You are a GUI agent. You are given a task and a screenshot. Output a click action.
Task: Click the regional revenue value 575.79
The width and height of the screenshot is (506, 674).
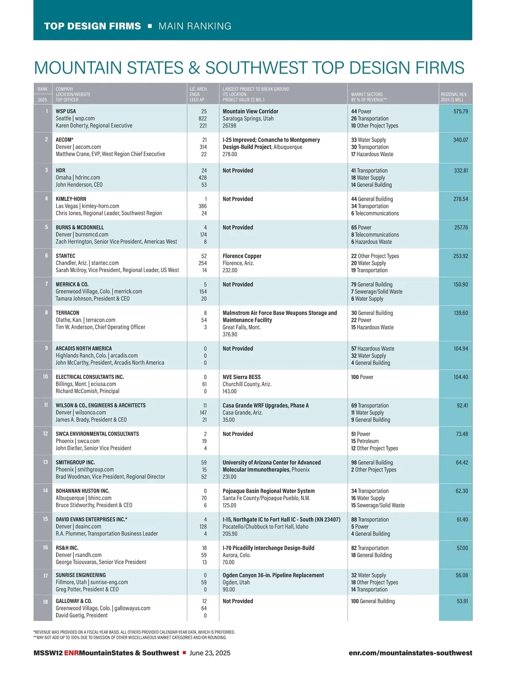coord(460,112)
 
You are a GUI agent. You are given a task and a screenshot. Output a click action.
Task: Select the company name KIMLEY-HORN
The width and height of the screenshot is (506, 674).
coord(71,199)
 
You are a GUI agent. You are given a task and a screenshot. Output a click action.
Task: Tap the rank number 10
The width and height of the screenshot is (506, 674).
coord(45,377)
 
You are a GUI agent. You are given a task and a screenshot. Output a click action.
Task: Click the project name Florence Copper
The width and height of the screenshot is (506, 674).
coord(242,256)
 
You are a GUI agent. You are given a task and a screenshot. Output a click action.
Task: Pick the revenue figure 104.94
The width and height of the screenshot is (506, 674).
coord(460,349)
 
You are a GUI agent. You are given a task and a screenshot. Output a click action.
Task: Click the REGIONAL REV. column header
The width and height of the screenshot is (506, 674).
coord(454,97)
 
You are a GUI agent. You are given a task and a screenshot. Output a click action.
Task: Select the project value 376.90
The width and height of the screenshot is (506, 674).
coord(230,334)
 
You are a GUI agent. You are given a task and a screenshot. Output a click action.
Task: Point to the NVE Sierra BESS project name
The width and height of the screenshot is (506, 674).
coord(242,377)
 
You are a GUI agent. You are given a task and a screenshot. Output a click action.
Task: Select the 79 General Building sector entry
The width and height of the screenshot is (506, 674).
coord(371,284)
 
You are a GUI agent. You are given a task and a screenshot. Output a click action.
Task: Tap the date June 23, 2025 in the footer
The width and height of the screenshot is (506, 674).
coord(210,653)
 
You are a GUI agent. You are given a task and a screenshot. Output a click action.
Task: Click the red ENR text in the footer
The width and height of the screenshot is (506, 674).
coord(71,653)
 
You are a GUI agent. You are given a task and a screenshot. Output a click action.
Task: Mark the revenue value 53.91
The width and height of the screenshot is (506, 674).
coord(462,601)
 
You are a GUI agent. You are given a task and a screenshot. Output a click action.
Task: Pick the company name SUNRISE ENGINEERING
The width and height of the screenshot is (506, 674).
coord(81,575)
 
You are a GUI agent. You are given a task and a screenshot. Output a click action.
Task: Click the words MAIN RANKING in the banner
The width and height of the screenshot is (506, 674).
coord(195,26)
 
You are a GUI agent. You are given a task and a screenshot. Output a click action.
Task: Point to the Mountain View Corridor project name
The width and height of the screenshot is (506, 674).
coord(250,112)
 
